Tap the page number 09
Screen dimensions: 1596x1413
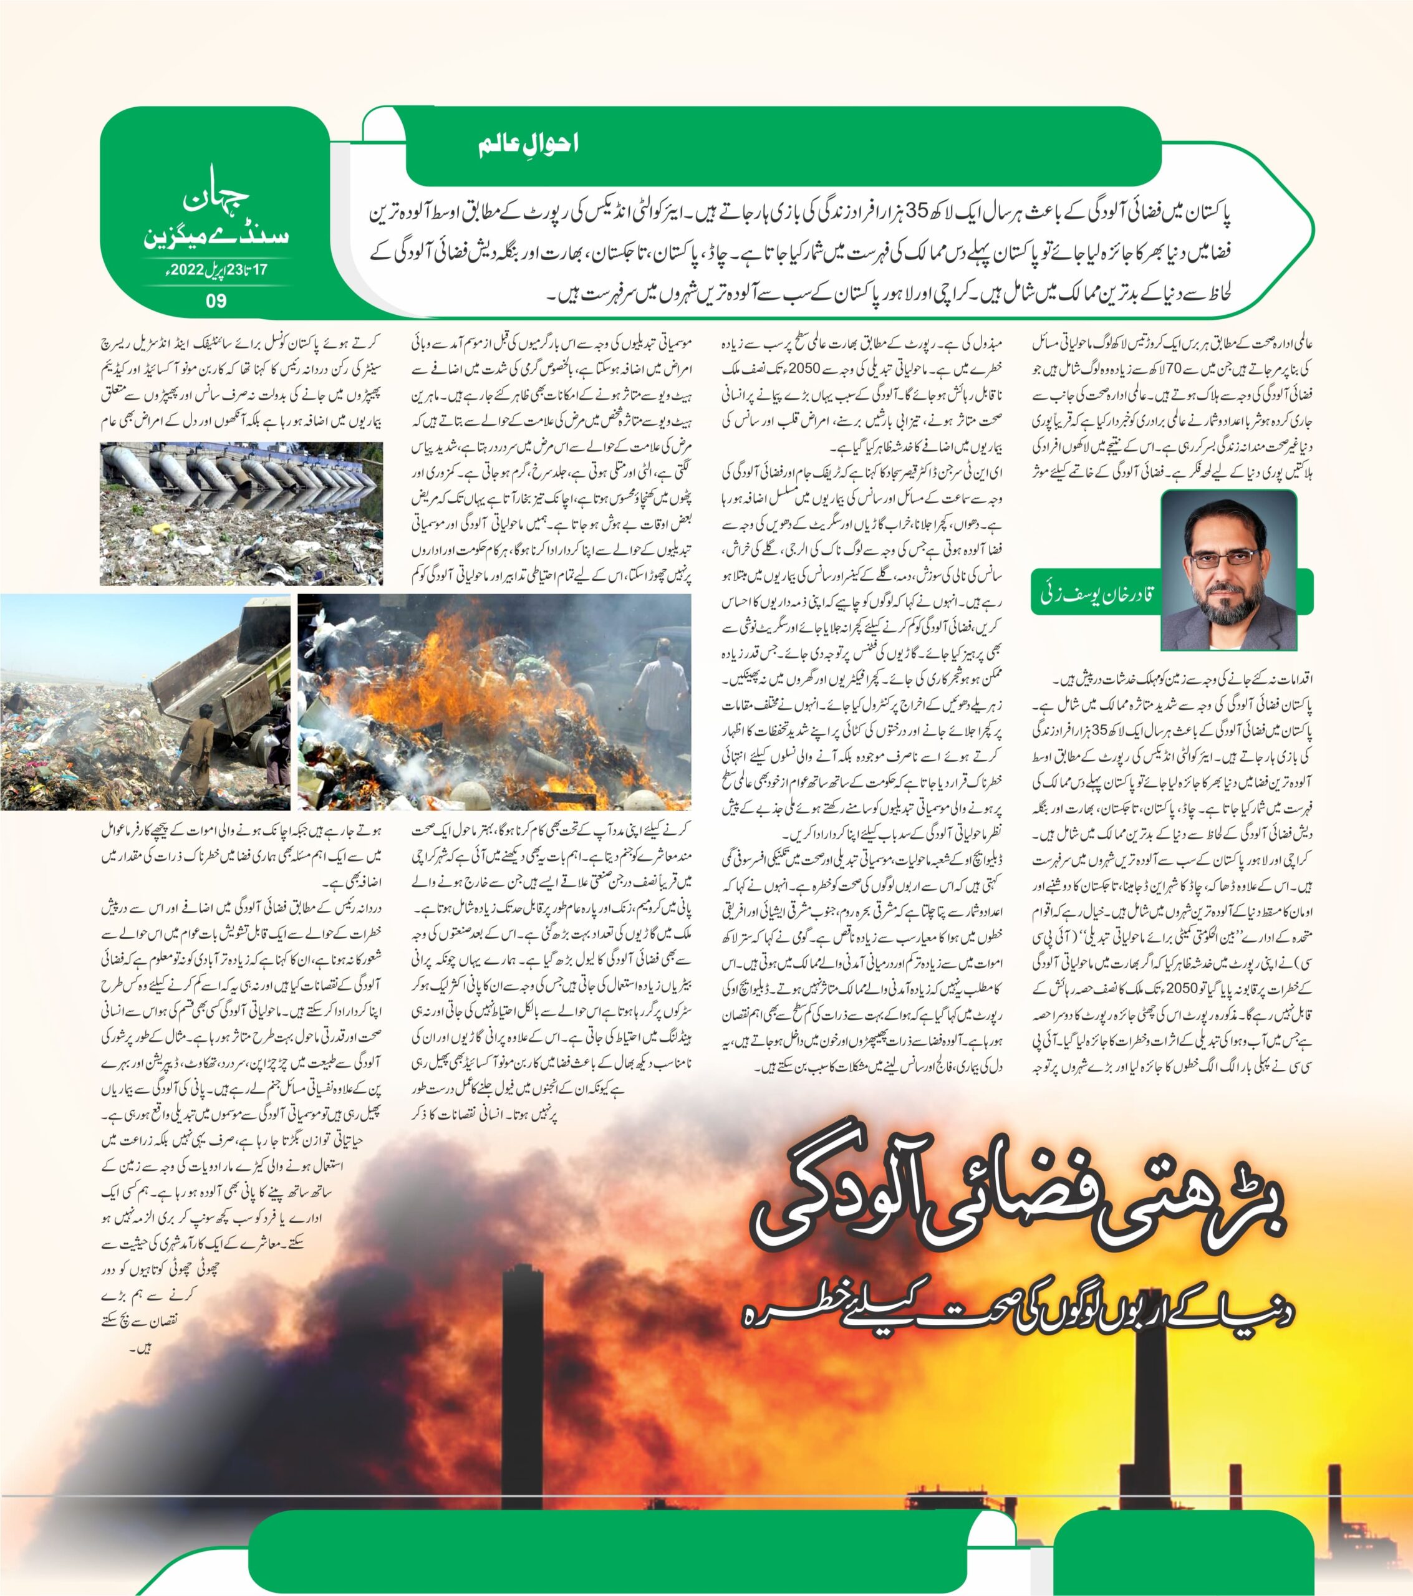216,300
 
